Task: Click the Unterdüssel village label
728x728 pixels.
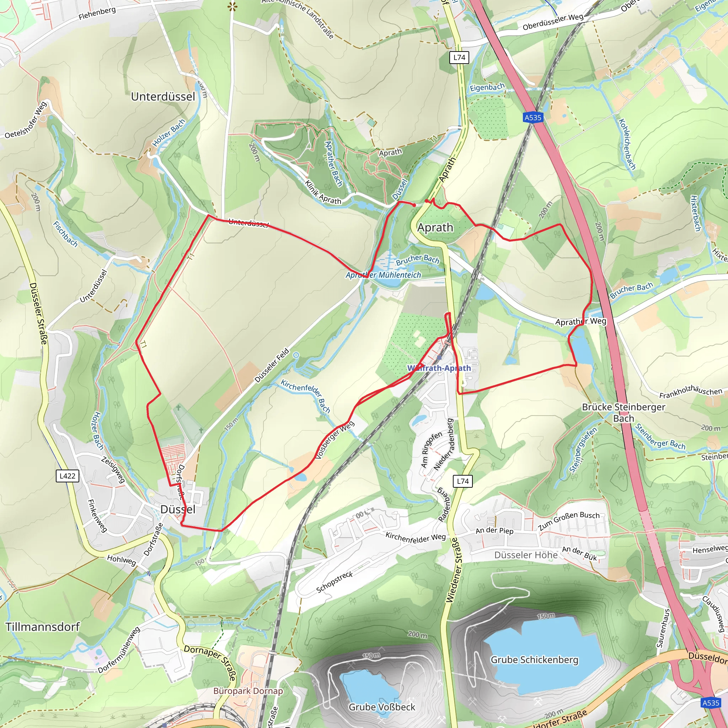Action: click(x=163, y=97)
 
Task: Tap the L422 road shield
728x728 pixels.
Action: click(x=68, y=476)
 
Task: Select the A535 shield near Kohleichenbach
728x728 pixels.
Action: click(x=533, y=118)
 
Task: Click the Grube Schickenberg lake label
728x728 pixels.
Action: click(x=534, y=660)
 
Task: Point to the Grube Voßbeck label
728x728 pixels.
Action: click(x=382, y=707)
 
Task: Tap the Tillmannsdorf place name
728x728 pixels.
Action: click(x=42, y=627)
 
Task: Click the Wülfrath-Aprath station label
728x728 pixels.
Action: click(x=439, y=368)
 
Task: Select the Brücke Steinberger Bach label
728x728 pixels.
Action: click(x=623, y=413)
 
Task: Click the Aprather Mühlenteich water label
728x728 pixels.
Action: click(x=383, y=275)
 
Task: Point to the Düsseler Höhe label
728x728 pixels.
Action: click(x=526, y=555)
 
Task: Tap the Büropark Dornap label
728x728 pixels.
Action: click(x=248, y=691)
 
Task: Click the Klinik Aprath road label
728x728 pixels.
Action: click(x=322, y=193)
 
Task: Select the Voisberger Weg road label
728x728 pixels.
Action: click(x=334, y=440)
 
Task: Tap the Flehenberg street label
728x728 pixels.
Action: click(x=97, y=13)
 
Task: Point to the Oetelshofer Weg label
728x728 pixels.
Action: click(x=26, y=120)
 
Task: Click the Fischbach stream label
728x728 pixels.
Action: click(x=65, y=234)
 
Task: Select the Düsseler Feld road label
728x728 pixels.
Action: click(x=272, y=365)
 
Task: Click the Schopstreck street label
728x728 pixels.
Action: click(x=334, y=582)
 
